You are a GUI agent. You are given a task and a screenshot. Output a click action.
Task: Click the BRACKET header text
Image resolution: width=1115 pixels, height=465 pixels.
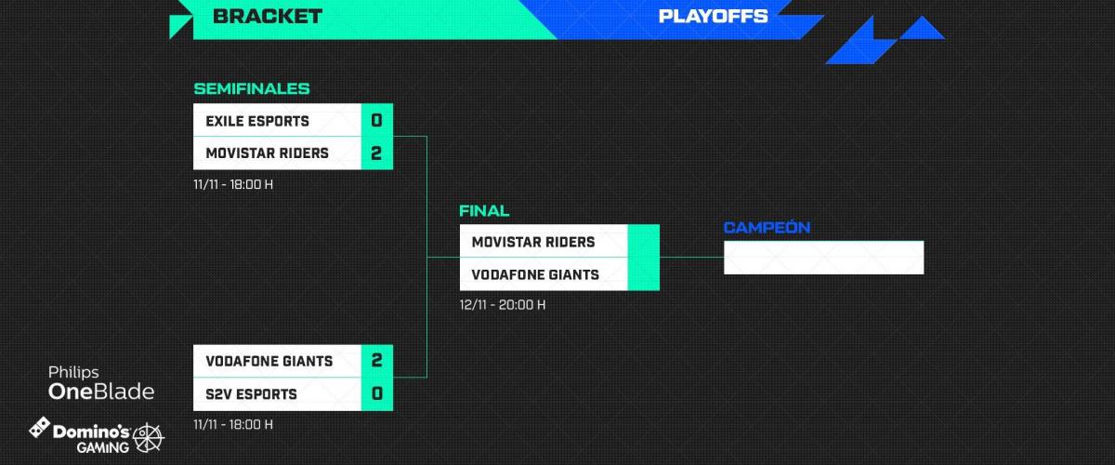click(267, 16)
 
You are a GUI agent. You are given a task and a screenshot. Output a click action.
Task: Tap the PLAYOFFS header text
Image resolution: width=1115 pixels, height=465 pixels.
click(713, 16)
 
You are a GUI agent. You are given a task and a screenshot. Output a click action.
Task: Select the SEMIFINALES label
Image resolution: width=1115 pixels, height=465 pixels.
click(251, 89)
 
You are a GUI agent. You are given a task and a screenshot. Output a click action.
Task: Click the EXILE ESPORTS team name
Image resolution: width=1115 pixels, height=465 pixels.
click(257, 121)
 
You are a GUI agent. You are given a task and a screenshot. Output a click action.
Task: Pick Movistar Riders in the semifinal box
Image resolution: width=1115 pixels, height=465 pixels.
click(267, 153)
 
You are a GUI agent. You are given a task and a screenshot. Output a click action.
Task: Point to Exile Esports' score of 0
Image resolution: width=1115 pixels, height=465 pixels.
click(376, 121)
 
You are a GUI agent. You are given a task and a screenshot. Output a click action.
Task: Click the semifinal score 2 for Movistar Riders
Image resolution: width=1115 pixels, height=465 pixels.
click(376, 153)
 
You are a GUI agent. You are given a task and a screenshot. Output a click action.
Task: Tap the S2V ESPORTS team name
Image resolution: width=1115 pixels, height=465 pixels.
click(251, 393)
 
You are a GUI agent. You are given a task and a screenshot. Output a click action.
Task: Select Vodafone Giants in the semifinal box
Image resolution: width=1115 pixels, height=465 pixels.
click(269, 361)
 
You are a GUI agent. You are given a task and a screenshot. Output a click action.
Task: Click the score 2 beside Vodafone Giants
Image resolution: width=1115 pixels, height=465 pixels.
click(376, 361)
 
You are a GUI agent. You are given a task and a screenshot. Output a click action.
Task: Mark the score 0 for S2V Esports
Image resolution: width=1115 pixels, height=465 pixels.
click(376, 393)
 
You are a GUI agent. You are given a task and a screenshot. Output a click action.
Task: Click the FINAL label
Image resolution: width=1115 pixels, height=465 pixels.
click(484, 211)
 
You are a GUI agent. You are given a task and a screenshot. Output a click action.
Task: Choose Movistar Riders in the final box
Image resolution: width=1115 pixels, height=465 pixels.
click(532, 242)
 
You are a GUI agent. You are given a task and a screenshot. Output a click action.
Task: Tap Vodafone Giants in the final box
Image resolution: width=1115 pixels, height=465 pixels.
click(535, 274)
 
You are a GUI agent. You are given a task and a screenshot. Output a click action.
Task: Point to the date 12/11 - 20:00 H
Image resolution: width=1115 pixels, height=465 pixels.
click(503, 304)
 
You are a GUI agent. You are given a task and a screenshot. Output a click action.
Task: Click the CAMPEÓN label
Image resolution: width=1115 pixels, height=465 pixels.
click(767, 228)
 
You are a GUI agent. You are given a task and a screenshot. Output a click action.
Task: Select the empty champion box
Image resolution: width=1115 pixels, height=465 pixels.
click(823, 258)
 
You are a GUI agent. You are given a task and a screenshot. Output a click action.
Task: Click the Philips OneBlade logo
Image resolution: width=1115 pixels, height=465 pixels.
click(101, 382)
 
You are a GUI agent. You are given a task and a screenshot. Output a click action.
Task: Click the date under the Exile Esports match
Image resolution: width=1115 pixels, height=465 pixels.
click(233, 183)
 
